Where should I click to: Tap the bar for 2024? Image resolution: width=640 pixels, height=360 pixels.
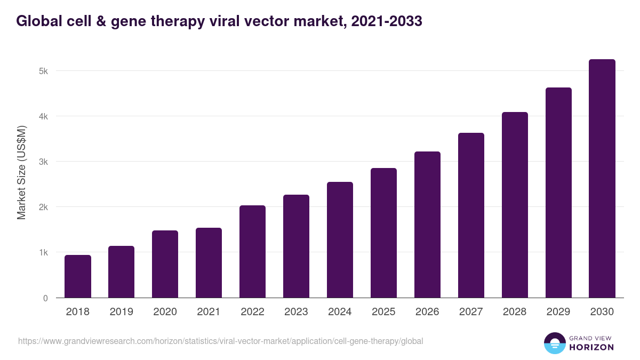340,240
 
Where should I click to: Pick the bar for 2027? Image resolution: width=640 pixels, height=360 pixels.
471,215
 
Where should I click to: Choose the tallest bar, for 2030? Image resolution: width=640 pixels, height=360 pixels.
602,179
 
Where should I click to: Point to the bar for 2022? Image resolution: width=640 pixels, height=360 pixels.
252,252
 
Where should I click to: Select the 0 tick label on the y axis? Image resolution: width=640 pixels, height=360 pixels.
45,298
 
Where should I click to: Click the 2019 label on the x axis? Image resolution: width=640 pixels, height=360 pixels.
122,312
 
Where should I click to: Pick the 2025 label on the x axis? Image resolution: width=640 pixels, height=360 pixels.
383,312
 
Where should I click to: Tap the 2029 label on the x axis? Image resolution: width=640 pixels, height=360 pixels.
558,312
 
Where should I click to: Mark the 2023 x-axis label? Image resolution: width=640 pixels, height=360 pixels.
296,312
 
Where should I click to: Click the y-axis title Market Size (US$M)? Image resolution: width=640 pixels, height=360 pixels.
21,172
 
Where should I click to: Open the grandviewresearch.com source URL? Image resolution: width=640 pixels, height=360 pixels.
220,341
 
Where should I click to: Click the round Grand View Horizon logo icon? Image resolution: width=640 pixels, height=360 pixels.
555,343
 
